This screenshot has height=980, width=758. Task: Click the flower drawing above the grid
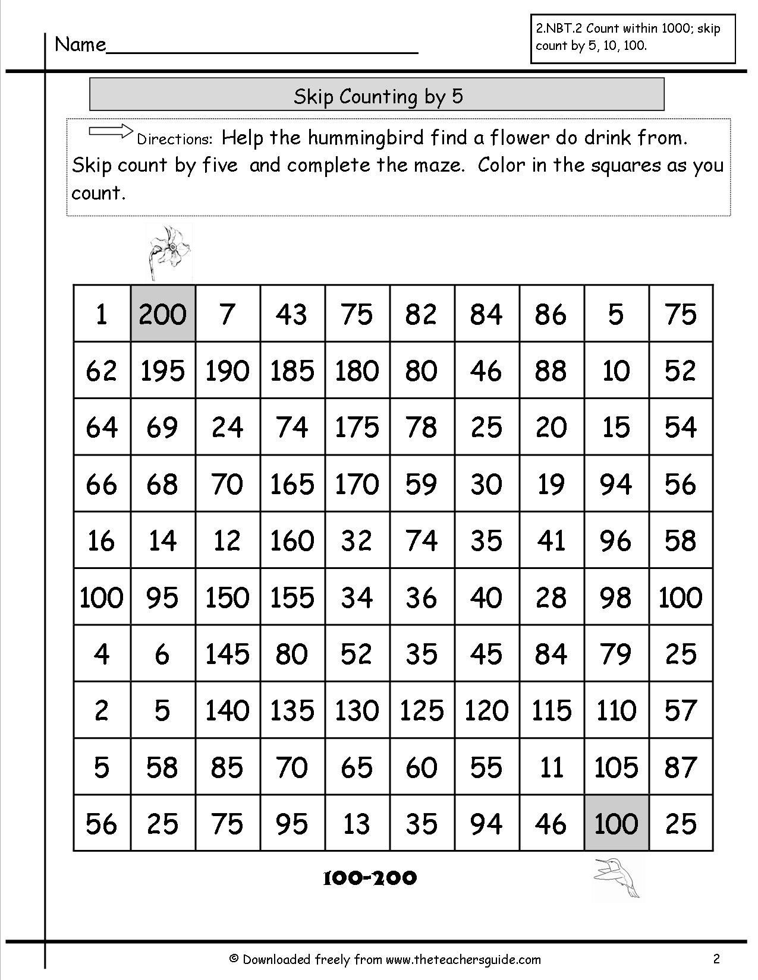(x=168, y=252)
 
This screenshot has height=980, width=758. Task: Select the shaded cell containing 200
(x=163, y=314)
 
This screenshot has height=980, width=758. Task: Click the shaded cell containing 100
(x=616, y=823)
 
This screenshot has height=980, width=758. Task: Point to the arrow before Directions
(x=111, y=131)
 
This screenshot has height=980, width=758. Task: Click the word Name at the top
(x=80, y=45)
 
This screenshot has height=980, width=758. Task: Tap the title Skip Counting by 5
(x=378, y=96)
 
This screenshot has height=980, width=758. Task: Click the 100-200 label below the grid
(x=369, y=878)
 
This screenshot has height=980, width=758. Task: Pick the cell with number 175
(x=357, y=427)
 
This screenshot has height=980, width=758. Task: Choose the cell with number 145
(x=227, y=654)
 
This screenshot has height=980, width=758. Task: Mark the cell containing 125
(x=422, y=710)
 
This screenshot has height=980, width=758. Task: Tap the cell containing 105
(x=616, y=767)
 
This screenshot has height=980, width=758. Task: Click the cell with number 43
(x=292, y=314)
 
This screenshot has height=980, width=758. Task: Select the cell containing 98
(x=616, y=597)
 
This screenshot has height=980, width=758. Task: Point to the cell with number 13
(x=357, y=823)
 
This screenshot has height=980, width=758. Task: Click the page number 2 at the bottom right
(x=716, y=958)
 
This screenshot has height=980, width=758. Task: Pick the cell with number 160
(x=292, y=540)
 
